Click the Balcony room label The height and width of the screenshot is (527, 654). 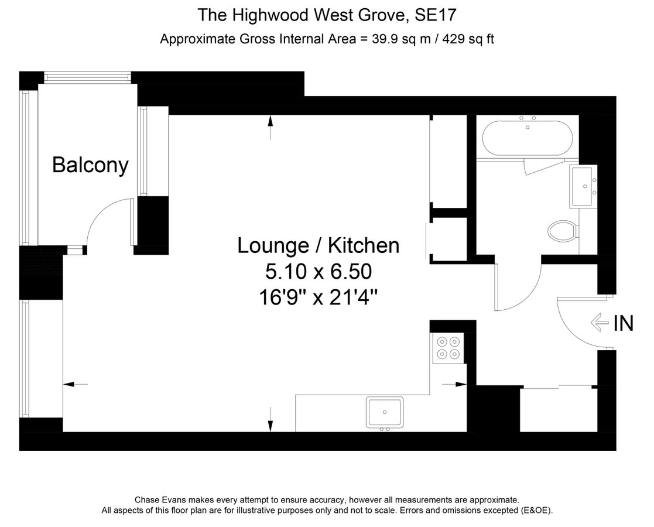[90, 165]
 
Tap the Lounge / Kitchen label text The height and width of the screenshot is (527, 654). [318, 245]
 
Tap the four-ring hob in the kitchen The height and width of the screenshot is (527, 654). [448, 348]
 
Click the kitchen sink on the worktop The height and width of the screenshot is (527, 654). [385, 412]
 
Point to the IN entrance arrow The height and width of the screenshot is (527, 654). [599, 323]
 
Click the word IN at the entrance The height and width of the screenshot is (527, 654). [623, 323]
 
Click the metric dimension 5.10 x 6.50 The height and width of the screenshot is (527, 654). [318, 272]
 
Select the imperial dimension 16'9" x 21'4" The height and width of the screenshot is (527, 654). [318, 297]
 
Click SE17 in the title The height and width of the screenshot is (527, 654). [436, 14]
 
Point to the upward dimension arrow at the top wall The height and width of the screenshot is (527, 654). [270, 126]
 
